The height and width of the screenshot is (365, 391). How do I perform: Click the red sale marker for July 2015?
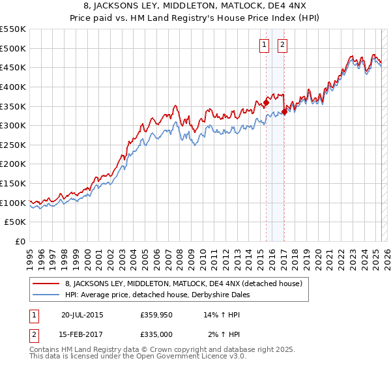click(266, 102)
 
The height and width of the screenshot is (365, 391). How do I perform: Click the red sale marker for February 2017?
click(285, 111)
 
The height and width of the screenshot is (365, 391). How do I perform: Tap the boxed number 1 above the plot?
click(264, 45)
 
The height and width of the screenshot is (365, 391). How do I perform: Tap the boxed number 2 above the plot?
click(282, 45)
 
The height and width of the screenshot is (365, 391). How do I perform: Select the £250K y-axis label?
click(13, 145)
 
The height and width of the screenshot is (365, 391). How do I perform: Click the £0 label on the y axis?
click(20, 242)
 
